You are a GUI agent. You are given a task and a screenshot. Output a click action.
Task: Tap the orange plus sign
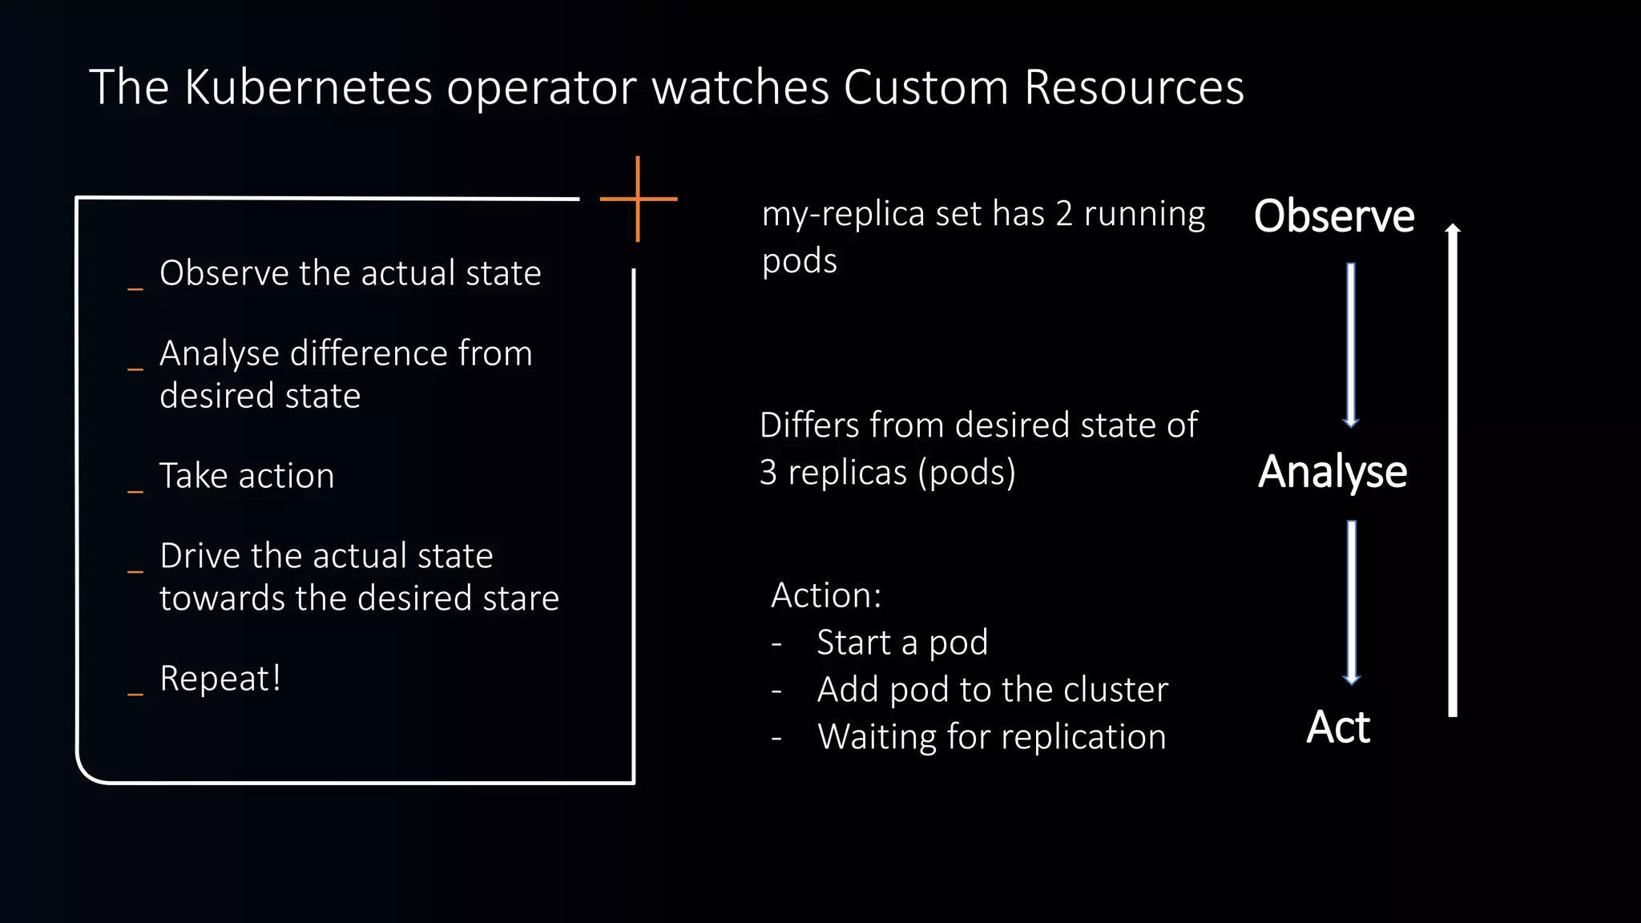tap(638, 199)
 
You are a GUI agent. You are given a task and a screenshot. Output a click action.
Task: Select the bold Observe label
tap(1334, 216)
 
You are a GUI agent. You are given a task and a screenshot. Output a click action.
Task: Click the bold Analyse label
tap(1333, 472)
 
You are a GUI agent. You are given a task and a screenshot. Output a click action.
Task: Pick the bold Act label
tap(1338, 728)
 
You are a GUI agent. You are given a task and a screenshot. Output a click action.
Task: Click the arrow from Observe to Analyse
tap(1351, 345)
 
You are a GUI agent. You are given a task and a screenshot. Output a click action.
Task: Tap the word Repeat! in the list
tap(220, 679)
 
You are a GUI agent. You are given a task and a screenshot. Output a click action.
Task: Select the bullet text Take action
tap(247, 476)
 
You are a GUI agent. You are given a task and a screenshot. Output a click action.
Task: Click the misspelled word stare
tap(526, 599)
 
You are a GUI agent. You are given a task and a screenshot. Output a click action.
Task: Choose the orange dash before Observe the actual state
tap(135, 288)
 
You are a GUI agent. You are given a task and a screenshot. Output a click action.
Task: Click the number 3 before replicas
tap(768, 472)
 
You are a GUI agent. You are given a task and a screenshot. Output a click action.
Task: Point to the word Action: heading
tap(826, 595)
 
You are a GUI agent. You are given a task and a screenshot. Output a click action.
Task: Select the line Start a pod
tap(902, 643)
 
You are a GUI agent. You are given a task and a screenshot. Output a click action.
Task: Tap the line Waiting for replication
tap(991, 736)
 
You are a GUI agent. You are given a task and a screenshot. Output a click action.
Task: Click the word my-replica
tap(833, 215)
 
